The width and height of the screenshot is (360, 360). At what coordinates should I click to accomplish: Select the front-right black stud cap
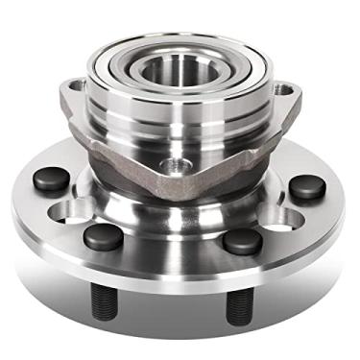(241, 240)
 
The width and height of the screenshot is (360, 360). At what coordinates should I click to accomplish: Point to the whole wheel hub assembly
(180, 173)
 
